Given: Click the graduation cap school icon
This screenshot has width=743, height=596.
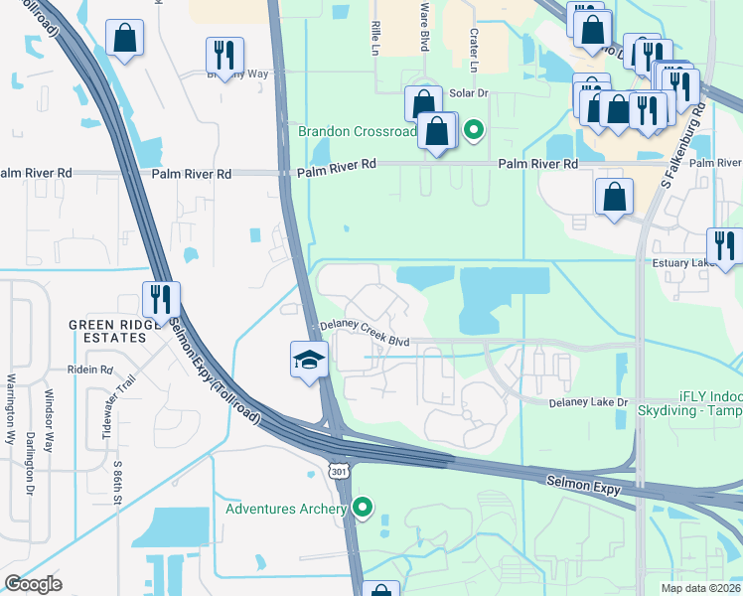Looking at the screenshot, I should point(309,360).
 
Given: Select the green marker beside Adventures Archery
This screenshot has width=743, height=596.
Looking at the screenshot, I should point(363,509).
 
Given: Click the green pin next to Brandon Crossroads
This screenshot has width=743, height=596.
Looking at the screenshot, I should point(475,130).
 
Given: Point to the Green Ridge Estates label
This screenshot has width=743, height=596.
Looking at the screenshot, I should point(108,332).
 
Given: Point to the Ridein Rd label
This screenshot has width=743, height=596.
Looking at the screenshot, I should point(90,370).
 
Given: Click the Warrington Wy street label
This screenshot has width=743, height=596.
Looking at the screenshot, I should point(11,407).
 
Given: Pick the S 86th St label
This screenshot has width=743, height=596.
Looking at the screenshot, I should point(117,481).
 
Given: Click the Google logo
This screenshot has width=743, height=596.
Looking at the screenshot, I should point(33,584).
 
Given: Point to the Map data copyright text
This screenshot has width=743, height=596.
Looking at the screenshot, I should point(699,588).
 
